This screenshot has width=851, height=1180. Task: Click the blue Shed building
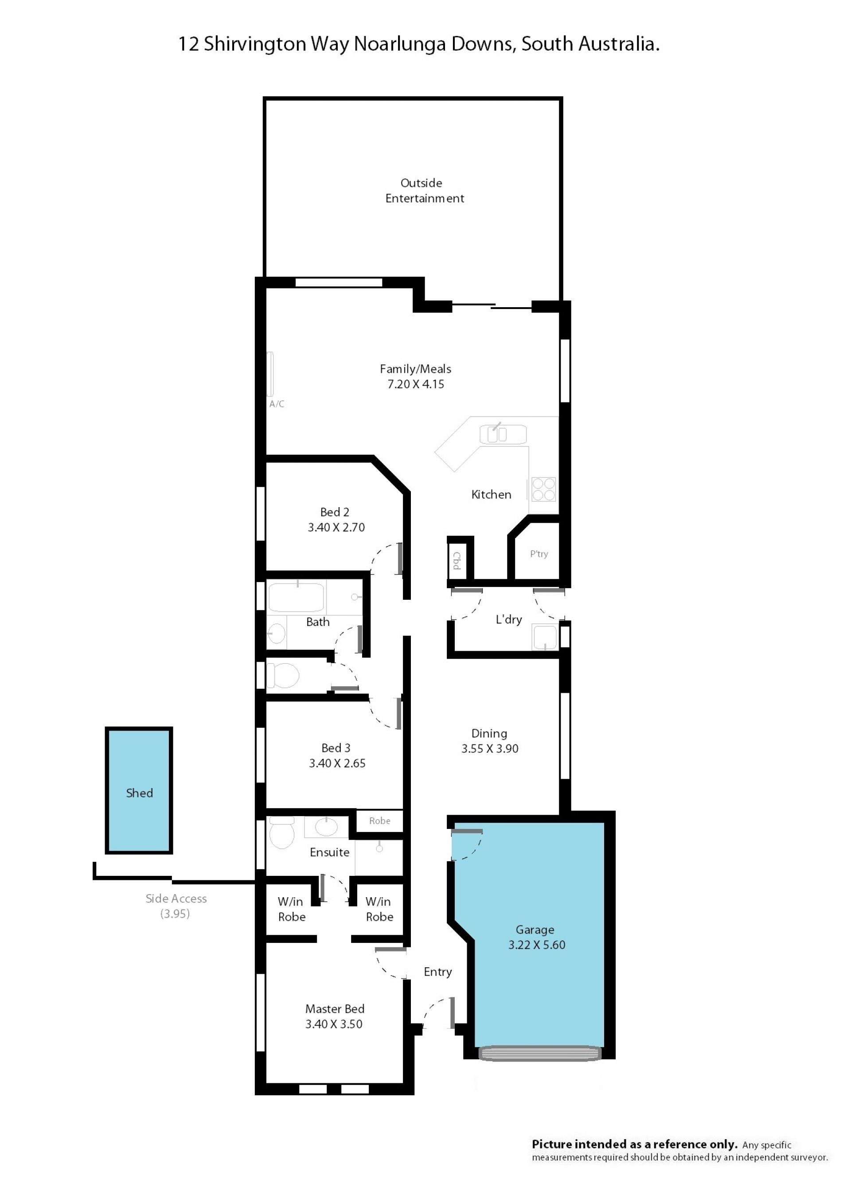(139, 790)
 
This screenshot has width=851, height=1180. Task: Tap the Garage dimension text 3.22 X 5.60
(537, 945)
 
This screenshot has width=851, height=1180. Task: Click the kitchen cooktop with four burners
(543, 489)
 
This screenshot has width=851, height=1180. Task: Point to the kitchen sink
(503, 434)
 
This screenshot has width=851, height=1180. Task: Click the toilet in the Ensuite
(282, 832)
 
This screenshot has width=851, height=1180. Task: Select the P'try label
(539, 554)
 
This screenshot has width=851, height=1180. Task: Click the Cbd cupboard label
(457, 560)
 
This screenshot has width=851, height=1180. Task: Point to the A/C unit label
(277, 404)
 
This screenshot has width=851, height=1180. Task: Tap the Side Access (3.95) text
(176, 906)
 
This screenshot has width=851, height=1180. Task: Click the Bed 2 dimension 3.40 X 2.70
(336, 527)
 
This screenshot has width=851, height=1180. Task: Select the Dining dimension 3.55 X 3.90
(490, 748)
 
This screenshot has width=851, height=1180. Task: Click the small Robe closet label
(380, 821)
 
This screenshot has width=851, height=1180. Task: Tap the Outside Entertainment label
(425, 191)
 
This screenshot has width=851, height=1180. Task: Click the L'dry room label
(509, 619)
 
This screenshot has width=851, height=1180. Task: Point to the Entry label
(437, 972)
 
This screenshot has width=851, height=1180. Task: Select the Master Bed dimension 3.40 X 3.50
(334, 1024)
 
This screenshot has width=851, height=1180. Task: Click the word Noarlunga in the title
(400, 44)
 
